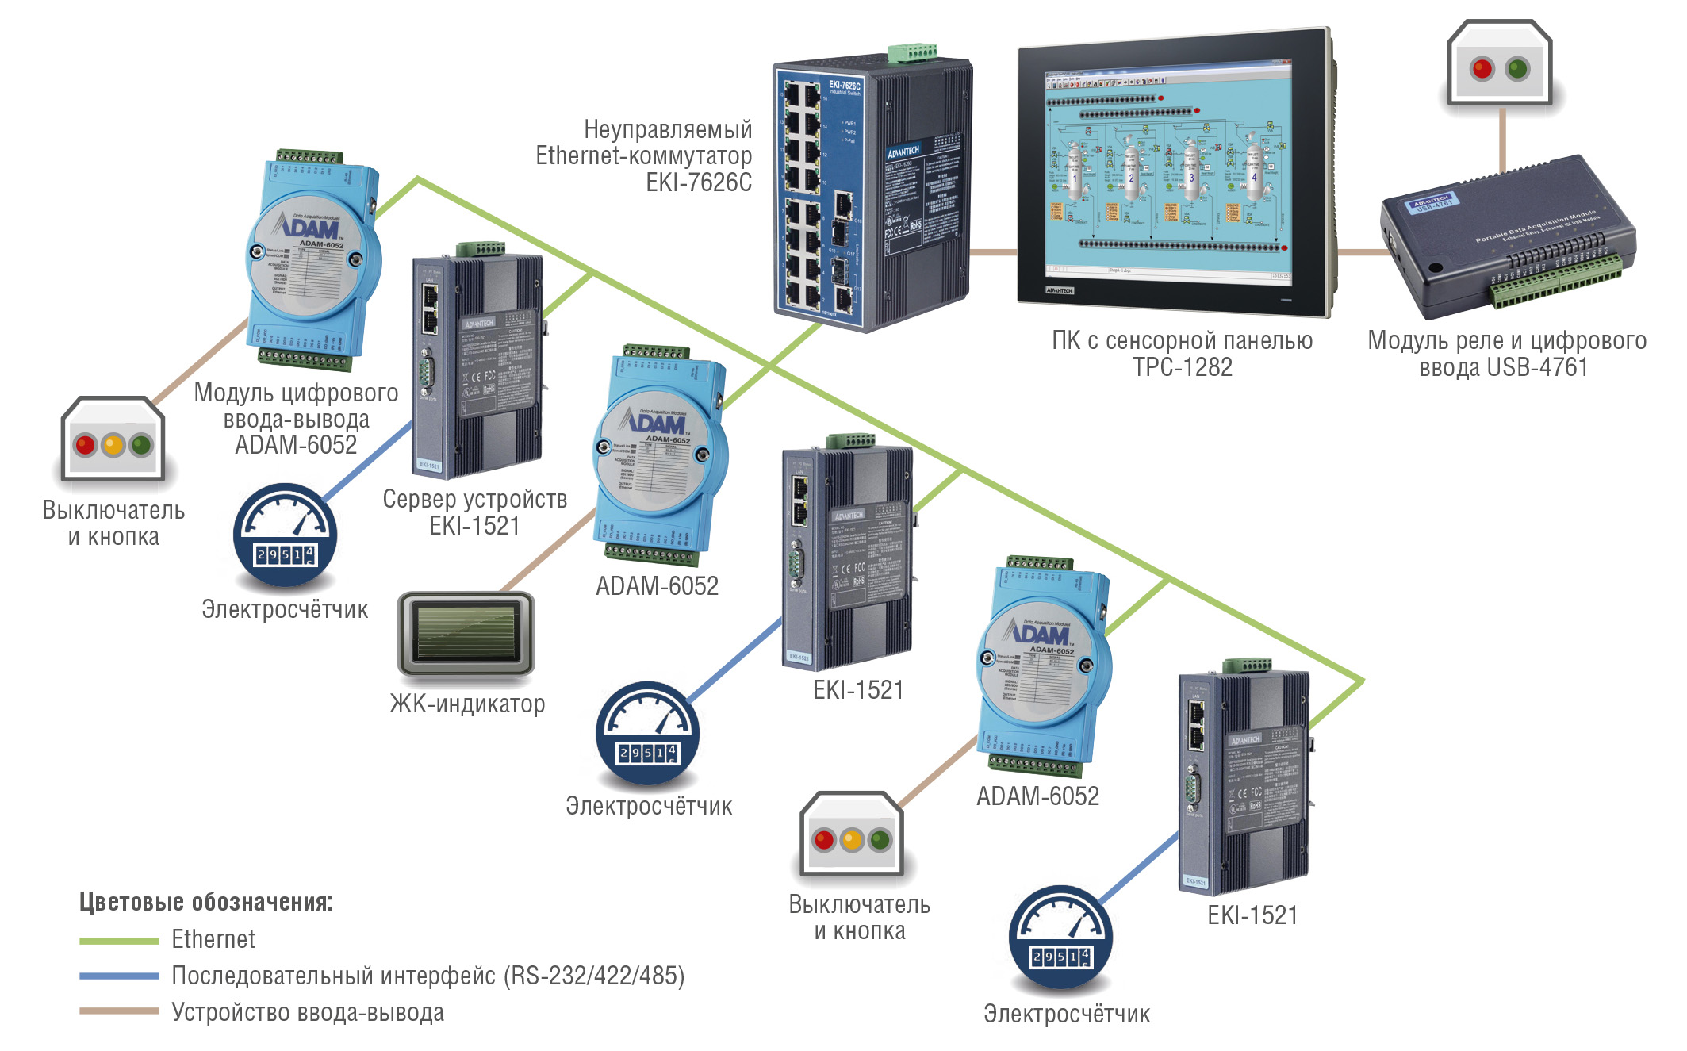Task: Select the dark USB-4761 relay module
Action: (x=1507, y=230)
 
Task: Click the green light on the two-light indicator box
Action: (x=1517, y=69)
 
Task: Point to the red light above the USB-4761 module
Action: (x=1482, y=69)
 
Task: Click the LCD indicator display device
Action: (x=466, y=633)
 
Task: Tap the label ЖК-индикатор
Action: (x=467, y=704)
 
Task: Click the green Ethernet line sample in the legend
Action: (x=119, y=941)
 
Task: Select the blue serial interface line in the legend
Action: (x=119, y=976)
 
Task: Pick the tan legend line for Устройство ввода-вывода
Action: (x=119, y=1011)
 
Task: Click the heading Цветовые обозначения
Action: (x=205, y=902)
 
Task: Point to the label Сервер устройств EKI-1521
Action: (x=474, y=512)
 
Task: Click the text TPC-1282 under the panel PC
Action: (x=1182, y=367)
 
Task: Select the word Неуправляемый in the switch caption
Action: (x=668, y=129)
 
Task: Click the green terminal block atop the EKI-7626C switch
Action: (x=912, y=52)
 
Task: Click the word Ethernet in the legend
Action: (x=213, y=939)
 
